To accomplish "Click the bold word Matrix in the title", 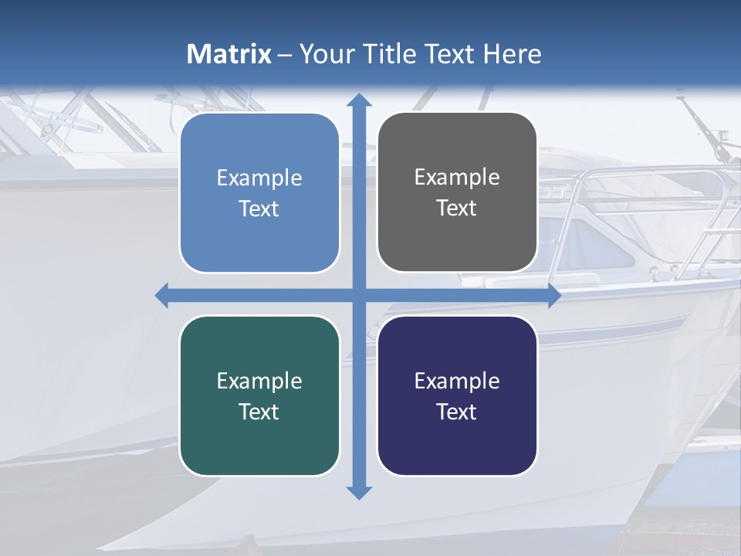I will click(228, 54).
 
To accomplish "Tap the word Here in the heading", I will click(513, 54).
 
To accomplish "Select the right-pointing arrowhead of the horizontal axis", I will click(554, 295).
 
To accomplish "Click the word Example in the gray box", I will click(457, 177).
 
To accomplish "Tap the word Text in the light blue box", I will click(259, 209).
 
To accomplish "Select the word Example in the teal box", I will click(259, 381).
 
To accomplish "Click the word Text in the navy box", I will click(457, 412).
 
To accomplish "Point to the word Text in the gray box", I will click(457, 208).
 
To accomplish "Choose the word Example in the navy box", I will click(457, 381).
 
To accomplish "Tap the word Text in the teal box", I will click(259, 412).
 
